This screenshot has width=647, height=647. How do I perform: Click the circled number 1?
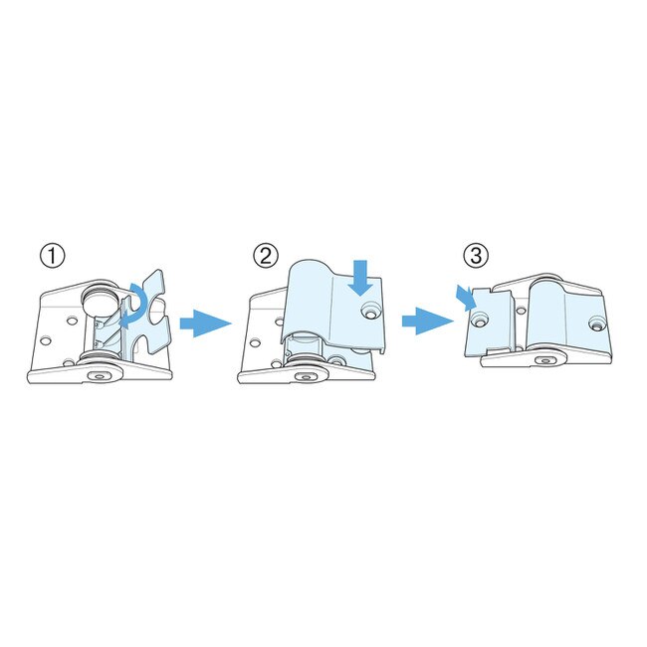point(53,256)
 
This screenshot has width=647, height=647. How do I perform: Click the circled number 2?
point(266,256)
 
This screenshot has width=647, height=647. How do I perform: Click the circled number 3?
point(476,256)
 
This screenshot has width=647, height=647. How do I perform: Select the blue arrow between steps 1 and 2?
point(205,323)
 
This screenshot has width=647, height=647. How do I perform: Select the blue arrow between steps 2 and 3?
point(428,322)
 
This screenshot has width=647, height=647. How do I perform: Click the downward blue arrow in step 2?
point(360,278)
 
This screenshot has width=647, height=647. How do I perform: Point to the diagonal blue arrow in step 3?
point(466,297)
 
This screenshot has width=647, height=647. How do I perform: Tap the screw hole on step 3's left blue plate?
point(480,319)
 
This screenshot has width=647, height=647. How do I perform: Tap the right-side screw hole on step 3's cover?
point(596,323)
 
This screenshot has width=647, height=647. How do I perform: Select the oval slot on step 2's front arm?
point(306,376)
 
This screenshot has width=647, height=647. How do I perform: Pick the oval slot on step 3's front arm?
point(544,360)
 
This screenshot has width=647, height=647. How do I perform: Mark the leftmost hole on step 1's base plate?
point(46,340)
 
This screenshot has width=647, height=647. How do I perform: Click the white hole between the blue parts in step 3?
point(522,310)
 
